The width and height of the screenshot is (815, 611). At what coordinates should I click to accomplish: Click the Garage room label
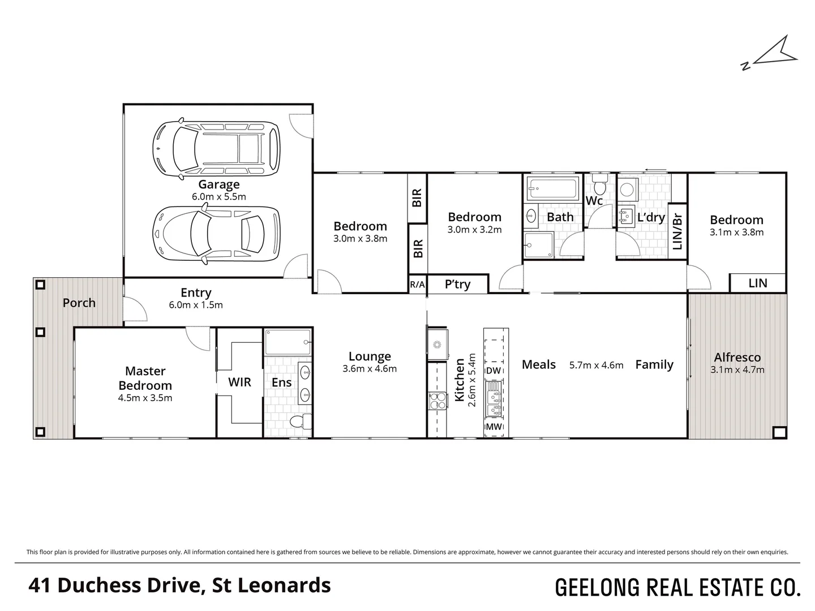click(x=218, y=184)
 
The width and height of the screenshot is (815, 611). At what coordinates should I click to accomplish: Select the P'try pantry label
click(x=457, y=284)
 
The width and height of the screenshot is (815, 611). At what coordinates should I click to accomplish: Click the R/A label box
click(x=417, y=285)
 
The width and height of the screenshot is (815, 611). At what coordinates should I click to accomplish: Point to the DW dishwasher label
click(x=494, y=370)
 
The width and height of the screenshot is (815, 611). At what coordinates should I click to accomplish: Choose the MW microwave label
click(x=494, y=427)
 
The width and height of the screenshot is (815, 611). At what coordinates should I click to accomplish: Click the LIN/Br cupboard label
click(x=677, y=231)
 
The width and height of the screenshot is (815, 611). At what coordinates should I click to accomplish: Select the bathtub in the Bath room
click(x=553, y=189)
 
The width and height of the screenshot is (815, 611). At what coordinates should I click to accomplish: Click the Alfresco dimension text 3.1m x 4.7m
click(x=737, y=370)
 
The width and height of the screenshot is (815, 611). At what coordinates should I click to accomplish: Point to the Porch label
click(x=79, y=303)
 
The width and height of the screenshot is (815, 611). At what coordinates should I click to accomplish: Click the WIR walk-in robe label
click(x=239, y=382)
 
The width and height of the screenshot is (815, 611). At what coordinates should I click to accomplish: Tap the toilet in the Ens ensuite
click(x=301, y=421)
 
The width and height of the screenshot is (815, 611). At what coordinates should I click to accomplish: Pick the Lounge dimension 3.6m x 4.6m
click(x=370, y=369)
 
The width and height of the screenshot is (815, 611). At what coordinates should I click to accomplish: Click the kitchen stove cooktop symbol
click(x=437, y=401)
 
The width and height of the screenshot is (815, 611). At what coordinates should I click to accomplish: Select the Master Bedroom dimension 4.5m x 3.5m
click(x=145, y=398)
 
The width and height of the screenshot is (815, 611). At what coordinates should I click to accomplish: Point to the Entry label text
click(x=196, y=292)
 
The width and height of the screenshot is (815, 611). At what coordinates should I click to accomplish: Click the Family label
click(x=654, y=365)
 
